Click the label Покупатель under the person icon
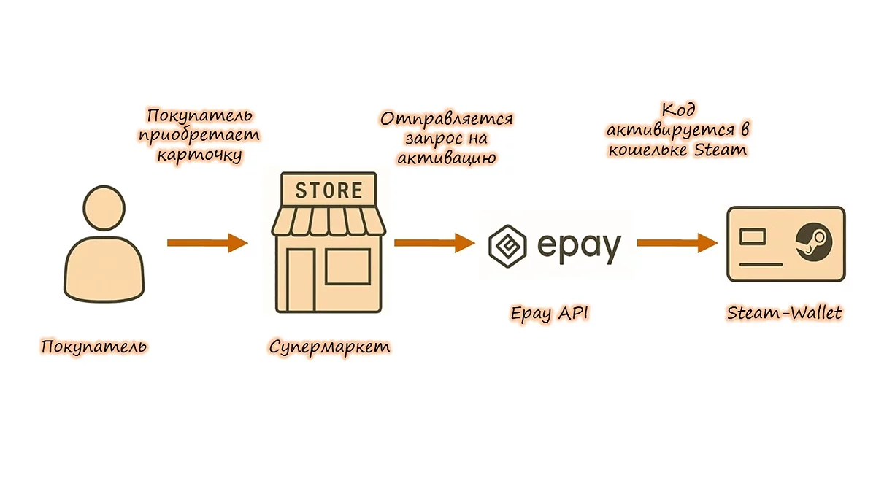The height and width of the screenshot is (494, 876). coord(94,345)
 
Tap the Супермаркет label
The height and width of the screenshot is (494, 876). coord(329,345)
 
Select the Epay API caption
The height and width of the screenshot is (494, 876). coord(550,314)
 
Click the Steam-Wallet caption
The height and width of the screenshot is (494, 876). coord(785,314)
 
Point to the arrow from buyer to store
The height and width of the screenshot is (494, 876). coord(207,243)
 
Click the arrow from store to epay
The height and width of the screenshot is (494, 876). coord(434,243)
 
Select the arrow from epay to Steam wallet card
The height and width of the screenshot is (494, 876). coord(677,243)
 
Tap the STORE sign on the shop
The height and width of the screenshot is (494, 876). coord(328,190)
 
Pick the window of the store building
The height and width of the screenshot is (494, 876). coord(347,266)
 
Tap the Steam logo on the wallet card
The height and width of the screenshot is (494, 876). coord(810,240)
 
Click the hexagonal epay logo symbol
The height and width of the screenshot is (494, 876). coord(509,244)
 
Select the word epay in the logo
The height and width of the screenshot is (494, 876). coord(579,246)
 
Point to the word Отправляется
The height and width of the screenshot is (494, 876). coord(447,118)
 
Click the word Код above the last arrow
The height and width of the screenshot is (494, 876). coord(677,110)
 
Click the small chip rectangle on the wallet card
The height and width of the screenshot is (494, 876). coord(752,236)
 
